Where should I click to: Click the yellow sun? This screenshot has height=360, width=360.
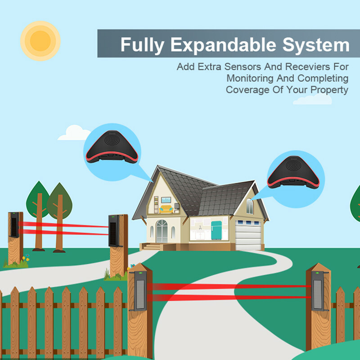[40, 40]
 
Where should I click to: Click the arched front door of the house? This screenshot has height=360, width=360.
[162, 232]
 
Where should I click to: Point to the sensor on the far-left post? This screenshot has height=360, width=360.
[15, 225]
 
